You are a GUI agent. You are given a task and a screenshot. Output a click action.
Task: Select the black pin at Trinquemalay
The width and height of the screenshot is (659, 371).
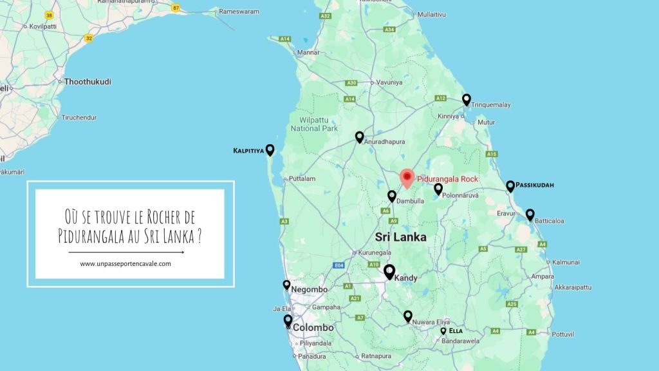point(467,99)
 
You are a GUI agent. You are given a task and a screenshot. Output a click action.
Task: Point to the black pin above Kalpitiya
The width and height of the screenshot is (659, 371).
point(270,149)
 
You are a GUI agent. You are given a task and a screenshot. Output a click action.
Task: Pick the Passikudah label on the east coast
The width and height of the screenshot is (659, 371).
point(535,185)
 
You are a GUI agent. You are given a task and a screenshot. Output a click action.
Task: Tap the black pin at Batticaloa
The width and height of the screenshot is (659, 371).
point(530,214)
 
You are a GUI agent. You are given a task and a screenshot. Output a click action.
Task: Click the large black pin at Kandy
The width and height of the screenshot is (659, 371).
point(389,271)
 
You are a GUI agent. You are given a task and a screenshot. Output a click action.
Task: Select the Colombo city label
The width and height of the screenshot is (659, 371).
point(313,328)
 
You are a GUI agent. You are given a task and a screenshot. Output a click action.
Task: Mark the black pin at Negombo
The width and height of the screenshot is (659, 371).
point(287,284)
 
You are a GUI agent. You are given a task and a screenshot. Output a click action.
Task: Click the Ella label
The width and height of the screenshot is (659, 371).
point(456,331)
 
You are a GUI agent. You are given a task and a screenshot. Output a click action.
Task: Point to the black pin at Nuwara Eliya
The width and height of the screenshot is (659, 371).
point(408,316)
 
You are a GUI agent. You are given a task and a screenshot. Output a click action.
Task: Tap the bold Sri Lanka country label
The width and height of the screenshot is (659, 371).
point(400,237)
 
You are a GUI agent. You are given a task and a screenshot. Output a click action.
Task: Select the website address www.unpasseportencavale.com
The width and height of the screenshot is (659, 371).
point(125,263)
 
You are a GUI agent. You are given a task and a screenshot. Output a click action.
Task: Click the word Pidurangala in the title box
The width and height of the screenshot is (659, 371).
point(88,234)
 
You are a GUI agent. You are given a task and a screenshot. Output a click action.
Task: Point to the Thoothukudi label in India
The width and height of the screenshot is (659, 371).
point(88,82)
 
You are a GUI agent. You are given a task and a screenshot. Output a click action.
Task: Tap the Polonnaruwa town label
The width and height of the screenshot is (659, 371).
point(463,193)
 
